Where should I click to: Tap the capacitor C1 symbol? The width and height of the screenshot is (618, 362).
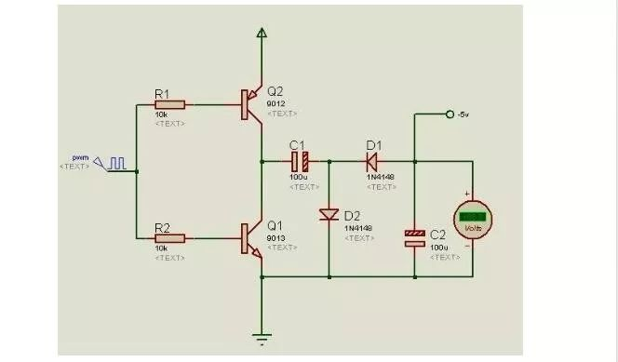click(x=299, y=159)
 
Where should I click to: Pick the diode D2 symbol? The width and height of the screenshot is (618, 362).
click(x=329, y=215)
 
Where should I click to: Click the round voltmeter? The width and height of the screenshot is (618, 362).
click(x=472, y=220)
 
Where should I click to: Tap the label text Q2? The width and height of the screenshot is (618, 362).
click(x=275, y=91)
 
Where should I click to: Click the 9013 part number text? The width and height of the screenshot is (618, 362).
click(x=275, y=236)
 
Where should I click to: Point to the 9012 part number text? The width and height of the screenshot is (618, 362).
click(x=275, y=102)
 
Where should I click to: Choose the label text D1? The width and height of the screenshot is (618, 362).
click(x=374, y=144)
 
